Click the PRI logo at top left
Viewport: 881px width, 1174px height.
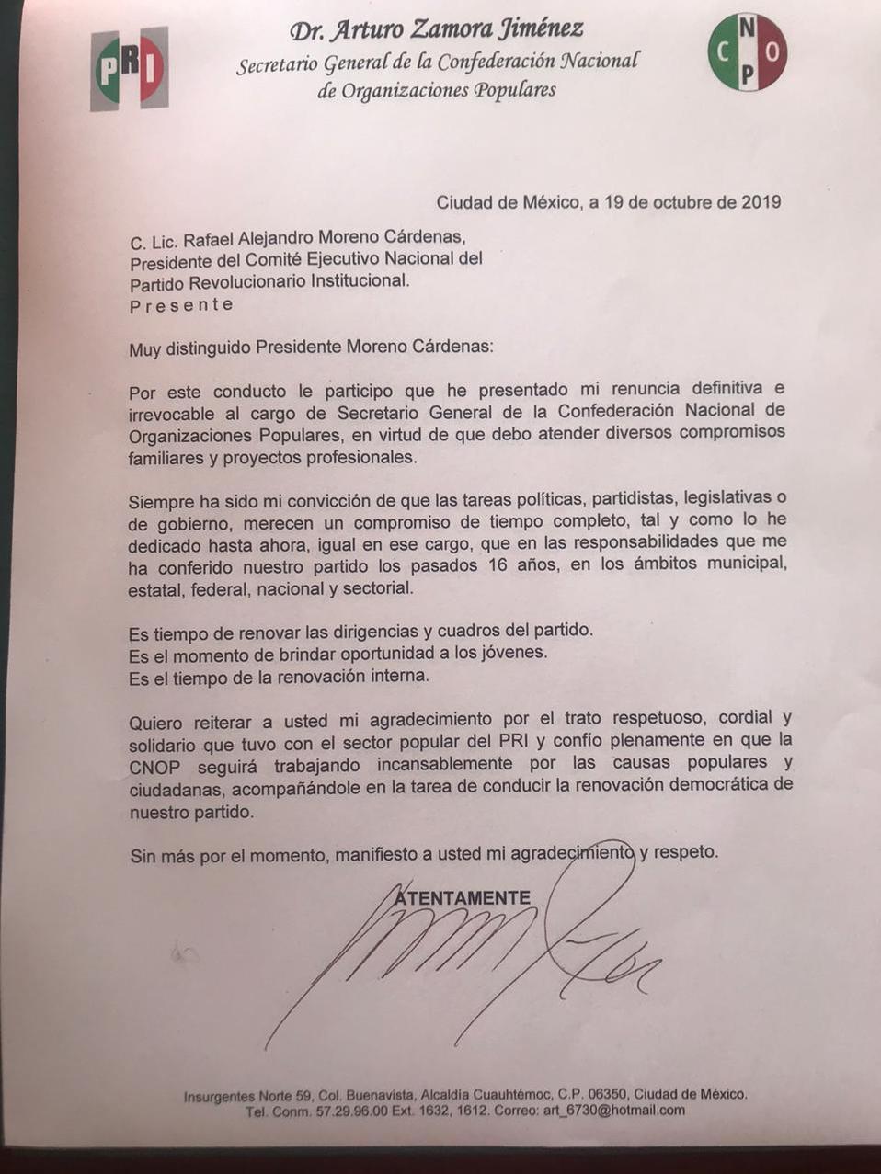click(129, 68)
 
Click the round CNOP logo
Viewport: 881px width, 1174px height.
click(747, 52)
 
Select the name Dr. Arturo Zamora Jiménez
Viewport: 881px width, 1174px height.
click(436, 30)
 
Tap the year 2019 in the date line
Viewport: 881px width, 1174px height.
click(761, 202)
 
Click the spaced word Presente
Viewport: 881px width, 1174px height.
click(181, 304)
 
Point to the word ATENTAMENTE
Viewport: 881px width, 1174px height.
click(462, 897)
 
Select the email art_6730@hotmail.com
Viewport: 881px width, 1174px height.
click(626, 1110)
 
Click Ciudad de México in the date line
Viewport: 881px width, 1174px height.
click(508, 202)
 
